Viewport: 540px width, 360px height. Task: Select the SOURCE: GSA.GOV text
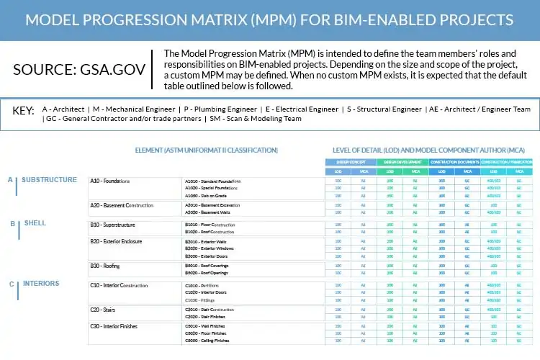(79, 70)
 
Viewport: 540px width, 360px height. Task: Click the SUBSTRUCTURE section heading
(49, 180)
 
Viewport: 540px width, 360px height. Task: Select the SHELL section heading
(35, 223)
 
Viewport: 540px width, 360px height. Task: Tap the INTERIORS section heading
(40, 284)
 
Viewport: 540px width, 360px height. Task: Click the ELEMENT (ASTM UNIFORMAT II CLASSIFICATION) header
(206, 150)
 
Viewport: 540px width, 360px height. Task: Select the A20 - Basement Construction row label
(122, 206)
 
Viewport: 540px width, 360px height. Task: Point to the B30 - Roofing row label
(105, 266)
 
